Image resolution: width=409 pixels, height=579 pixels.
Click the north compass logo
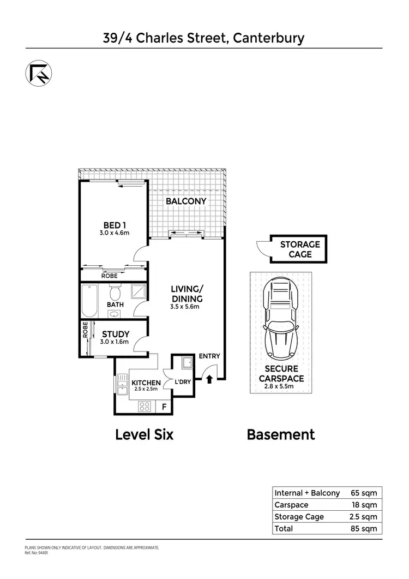pos(38,74)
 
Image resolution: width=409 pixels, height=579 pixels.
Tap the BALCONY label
pos(187,201)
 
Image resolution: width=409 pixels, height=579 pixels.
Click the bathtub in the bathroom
pos(89,301)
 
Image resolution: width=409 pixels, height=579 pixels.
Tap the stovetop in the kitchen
pos(145,406)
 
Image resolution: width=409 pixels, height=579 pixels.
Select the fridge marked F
pos(163,407)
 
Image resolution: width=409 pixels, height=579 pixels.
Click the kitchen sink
pos(120,385)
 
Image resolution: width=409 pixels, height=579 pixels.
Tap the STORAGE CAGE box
pos(300,249)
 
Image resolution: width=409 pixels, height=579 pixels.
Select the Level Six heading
pos(145,435)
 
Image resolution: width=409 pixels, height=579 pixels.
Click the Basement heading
pos(281,435)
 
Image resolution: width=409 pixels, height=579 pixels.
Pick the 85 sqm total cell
pos(364,528)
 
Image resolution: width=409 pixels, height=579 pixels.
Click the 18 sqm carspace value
pos(364,505)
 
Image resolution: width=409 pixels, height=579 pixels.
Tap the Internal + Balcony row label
pos(307,493)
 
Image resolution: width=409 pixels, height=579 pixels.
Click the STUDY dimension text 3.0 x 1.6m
pos(113,342)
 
